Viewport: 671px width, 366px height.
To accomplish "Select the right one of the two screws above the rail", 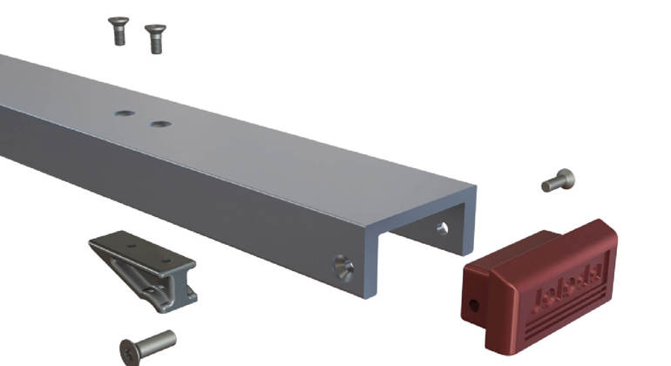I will pyautogui.click(x=155, y=37).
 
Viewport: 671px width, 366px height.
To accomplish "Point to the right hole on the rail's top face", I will pyautogui.click(x=159, y=124).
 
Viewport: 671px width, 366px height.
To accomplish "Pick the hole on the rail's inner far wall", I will pyautogui.click(x=442, y=228).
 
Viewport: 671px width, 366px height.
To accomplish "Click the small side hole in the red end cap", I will pyautogui.click(x=474, y=305).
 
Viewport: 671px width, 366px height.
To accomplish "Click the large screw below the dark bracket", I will pyautogui.click(x=148, y=347).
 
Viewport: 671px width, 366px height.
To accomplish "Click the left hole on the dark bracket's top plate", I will pyautogui.click(x=131, y=247).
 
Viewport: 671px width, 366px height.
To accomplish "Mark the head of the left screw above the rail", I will pyautogui.click(x=118, y=21).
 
